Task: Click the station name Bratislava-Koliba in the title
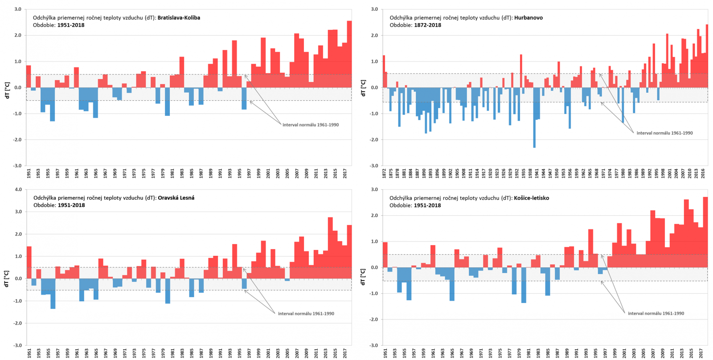[179, 18]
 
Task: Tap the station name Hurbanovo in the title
[528, 18]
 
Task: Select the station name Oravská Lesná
[176, 198]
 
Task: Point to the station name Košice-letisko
[531, 198]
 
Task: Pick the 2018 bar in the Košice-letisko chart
[705, 232]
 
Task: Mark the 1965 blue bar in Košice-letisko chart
[452, 284]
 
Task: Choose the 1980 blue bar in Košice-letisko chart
[524, 285]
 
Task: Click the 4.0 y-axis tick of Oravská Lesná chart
[18, 189]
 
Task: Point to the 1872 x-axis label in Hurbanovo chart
[384, 173]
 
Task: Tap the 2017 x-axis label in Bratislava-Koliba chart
[345, 173]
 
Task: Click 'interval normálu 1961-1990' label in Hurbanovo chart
[664, 133]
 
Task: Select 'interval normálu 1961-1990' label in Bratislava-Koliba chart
[311, 125]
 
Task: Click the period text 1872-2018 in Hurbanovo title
[427, 25]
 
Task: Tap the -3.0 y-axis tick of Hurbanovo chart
[374, 166]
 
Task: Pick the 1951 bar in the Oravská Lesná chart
[29, 262]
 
